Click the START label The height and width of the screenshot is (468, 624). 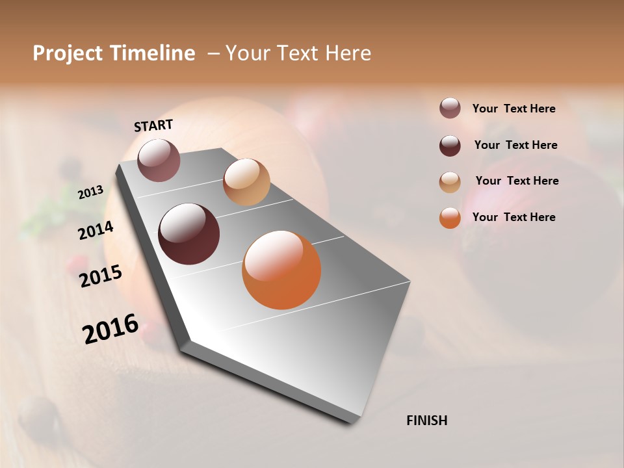click(x=153, y=125)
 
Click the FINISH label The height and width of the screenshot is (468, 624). click(x=426, y=421)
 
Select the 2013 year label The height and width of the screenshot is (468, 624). click(x=91, y=192)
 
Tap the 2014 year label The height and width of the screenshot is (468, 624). click(x=96, y=230)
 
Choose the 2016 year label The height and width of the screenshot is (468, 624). click(x=110, y=328)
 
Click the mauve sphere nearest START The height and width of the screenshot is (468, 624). click(x=159, y=160)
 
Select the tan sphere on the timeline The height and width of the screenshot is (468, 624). click(x=246, y=182)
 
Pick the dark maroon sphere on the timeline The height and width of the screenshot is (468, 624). click(x=189, y=234)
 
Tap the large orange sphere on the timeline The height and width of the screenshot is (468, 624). click(x=281, y=270)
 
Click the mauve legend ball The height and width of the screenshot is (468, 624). click(x=450, y=109)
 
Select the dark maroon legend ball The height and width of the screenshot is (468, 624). click(x=450, y=146)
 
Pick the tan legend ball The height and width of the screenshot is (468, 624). click(x=450, y=182)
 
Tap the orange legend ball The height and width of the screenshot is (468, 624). click(x=450, y=218)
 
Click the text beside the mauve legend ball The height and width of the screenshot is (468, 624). click(x=513, y=109)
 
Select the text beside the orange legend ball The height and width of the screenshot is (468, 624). click(x=513, y=217)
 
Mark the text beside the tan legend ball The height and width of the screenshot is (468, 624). click(x=517, y=181)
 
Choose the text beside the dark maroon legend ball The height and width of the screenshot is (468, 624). click(x=515, y=145)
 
